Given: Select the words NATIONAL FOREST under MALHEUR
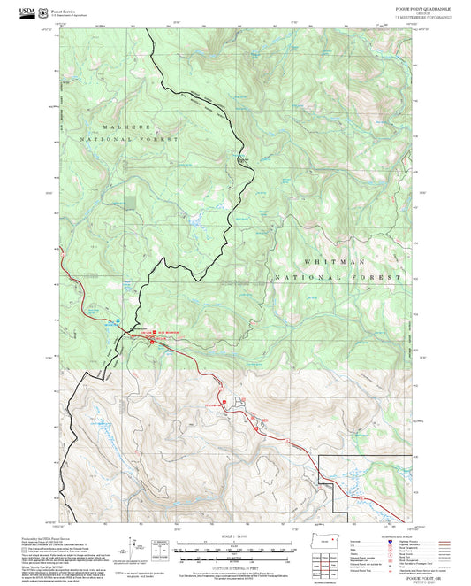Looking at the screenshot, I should pyautogui.click(x=130, y=140).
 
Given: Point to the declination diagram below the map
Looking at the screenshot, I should pyautogui.click(x=137, y=546).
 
